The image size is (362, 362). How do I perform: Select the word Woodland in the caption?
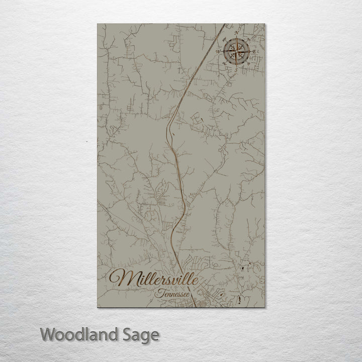tap(75, 334)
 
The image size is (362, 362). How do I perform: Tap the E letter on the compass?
tap(255, 51)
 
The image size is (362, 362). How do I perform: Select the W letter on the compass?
tap(217, 51)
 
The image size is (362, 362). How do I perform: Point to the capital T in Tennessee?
tap(159, 292)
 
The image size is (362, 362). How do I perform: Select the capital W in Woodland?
tap(49, 334)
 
